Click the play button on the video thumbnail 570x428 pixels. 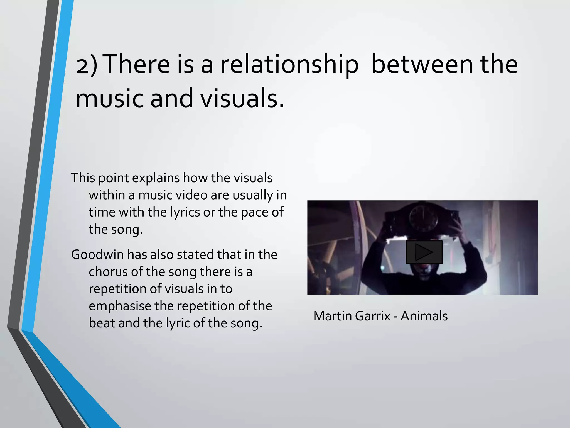point(424,252)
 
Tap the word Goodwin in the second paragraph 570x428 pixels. point(97,255)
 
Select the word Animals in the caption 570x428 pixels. point(424,316)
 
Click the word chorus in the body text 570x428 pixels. point(108,272)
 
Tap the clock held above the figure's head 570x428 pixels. point(423,220)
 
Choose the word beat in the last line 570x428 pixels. point(102,323)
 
